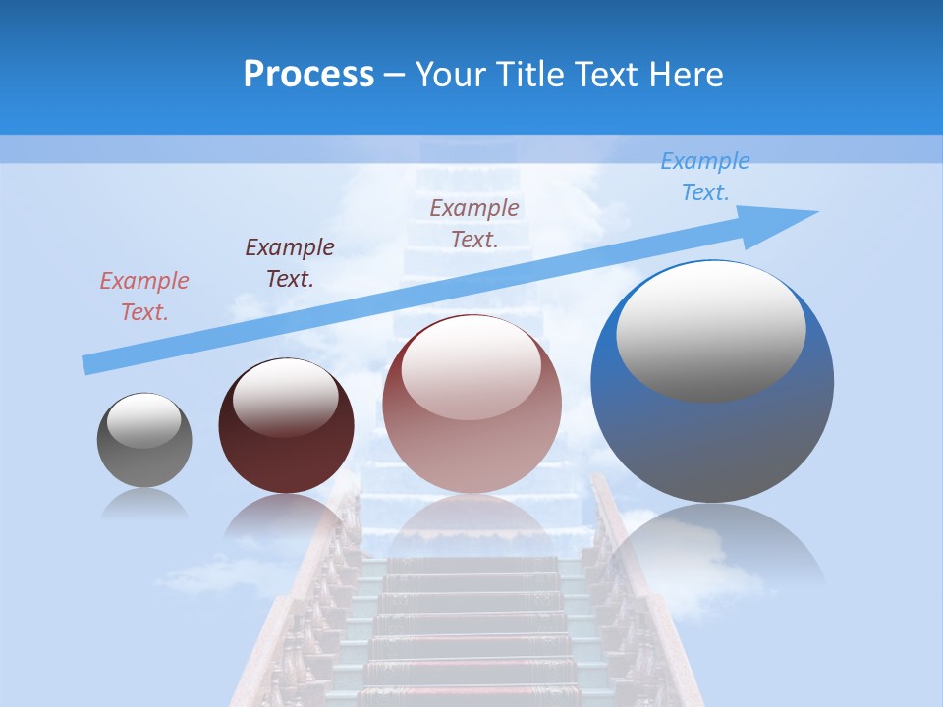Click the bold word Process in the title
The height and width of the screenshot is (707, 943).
[308, 75]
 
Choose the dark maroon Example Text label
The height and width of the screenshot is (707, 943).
[290, 263]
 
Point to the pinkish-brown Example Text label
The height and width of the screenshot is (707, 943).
[474, 223]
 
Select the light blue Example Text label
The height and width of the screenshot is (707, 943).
[704, 177]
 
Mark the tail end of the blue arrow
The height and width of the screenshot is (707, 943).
[88, 364]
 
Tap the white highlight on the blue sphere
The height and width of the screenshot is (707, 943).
[710, 329]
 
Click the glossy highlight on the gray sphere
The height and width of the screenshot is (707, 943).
[144, 420]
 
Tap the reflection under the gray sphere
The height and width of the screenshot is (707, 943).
[144, 504]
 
